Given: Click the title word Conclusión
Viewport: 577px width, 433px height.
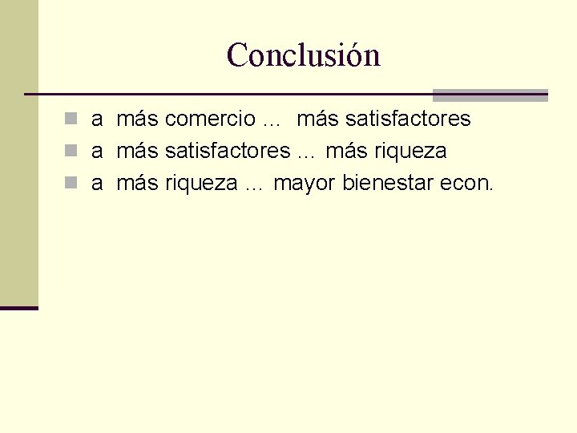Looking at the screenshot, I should tap(303, 55).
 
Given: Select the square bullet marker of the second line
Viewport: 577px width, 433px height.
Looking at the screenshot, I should tap(71, 152).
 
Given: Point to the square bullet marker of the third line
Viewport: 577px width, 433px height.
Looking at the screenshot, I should tap(71, 184).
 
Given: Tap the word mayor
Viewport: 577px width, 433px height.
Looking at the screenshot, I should tap(305, 184).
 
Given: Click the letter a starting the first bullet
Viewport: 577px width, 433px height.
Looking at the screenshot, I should tap(96, 120).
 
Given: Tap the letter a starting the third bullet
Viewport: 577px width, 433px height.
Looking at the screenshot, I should tap(96, 184).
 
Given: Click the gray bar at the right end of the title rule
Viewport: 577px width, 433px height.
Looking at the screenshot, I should tap(490, 95).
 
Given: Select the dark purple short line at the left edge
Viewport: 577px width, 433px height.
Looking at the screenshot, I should tap(19, 307).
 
